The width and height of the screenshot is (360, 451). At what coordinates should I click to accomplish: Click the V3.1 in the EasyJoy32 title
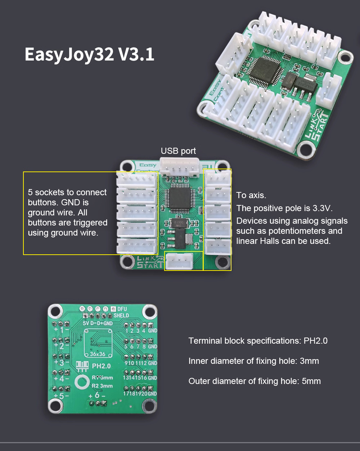click(x=136, y=54)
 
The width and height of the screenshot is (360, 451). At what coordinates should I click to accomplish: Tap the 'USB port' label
click(x=179, y=151)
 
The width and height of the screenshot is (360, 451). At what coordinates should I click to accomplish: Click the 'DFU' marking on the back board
click(x=122, y=309)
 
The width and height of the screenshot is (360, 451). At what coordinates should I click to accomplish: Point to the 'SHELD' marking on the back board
click(x=121, y=316)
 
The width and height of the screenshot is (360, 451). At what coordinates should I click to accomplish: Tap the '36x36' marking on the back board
click(x=98, y=354)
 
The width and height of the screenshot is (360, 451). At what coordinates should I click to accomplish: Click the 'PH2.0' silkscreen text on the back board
click(x=101, y=366)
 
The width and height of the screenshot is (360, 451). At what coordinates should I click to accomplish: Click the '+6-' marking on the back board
click(x=97, y=395)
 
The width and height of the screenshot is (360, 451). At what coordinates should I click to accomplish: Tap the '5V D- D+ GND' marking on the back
click(x=98, y=323)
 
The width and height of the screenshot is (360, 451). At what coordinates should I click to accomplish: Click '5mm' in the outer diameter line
click(x=311, y=381)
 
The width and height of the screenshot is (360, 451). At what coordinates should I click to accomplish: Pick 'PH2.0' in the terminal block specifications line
click(x=315, y=341)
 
